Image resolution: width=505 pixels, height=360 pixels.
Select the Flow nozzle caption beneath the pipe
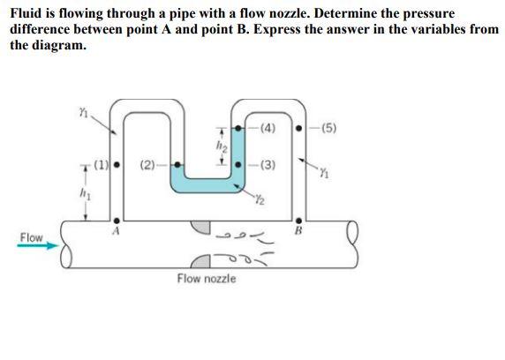tap(206, 279)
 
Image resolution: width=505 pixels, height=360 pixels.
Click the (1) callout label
tap(102, 162)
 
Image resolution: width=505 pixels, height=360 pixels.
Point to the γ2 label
tap(260, 198)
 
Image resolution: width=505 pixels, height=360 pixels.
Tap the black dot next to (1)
tap(117, 162)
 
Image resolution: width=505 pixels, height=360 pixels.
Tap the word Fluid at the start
tap(26, 13)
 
